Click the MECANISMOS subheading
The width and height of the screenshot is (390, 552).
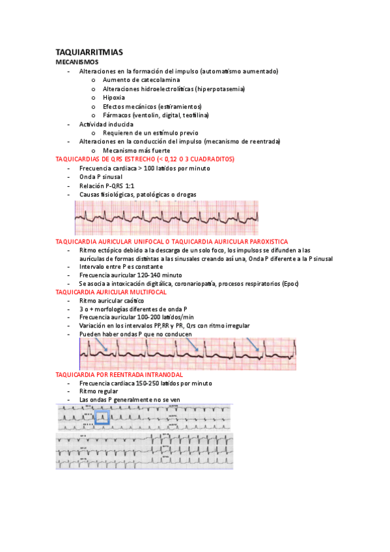[x=77, y=61]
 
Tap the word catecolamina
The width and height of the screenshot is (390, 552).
[x=160, y=79]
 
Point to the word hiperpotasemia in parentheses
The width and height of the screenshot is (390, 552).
[x=223, y=89]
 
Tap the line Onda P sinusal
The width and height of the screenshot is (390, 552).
[x=100, y=176]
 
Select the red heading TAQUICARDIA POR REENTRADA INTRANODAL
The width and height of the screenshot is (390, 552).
[x=128, y=375]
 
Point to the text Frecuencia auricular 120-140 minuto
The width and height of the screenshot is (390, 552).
[x=130, y=275]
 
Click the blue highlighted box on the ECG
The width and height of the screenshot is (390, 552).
[x=104, y=418]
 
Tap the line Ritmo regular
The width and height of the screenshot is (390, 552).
[x=98, y=392]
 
